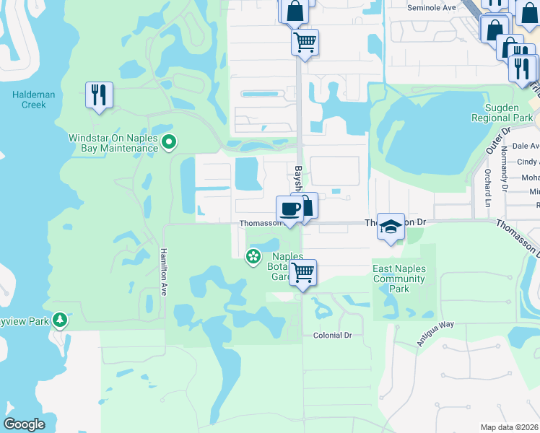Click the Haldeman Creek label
(29, 100)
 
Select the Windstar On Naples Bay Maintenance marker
(169, 142)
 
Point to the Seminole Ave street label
(432, 7)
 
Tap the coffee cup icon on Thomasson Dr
(290, 209)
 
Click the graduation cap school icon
(391, 227)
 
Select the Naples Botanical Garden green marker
(253, 256)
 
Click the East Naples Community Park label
(399, 279)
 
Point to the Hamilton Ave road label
(164, 272)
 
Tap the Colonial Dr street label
(332, 336)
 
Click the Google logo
(24, 424)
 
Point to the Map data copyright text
(510, 427)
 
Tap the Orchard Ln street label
(488, 187)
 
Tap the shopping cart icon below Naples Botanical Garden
(303, 274)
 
